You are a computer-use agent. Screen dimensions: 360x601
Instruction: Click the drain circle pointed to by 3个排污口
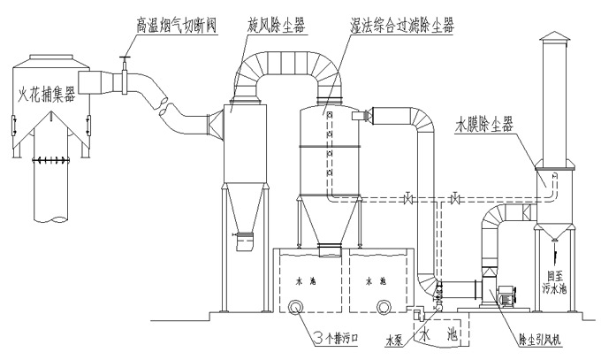click(x=293, y=306)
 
